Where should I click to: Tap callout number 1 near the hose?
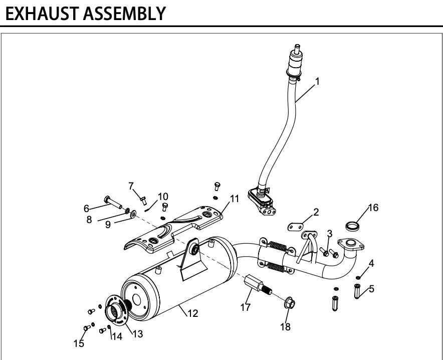coord(317,80)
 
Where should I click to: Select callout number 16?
coord(373,207)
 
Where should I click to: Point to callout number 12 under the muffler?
coord(192,314)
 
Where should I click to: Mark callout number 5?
coord(371,289)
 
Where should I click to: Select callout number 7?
coord(131,186)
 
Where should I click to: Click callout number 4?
coord(371,263)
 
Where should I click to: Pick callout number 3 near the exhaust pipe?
coord(329,234)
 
